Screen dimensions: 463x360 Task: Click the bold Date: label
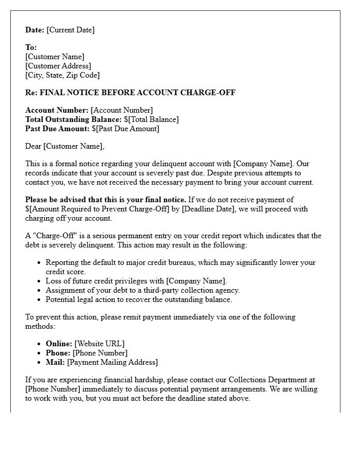(x=35, y=30)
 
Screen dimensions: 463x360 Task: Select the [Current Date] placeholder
(x=70, y=30)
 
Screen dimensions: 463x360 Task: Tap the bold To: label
(x=31, y=47)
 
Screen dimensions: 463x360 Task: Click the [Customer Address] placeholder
(x=58, y=66)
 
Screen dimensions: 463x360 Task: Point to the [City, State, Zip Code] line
(x=62, y=75)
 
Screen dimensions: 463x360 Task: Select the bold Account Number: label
(x=57, y=110)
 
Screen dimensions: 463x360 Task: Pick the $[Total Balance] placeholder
(x=151, y=119)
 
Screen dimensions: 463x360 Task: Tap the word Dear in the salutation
(x=33, y=146)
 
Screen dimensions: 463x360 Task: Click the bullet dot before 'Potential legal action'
(x=40, y=299)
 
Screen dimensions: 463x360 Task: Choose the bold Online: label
(x=59, y=344)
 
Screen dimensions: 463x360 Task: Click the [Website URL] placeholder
(x=99, y=344)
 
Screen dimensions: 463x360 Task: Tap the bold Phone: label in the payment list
(x=58, y=353)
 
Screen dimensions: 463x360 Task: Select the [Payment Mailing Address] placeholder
(x=112, y=362)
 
